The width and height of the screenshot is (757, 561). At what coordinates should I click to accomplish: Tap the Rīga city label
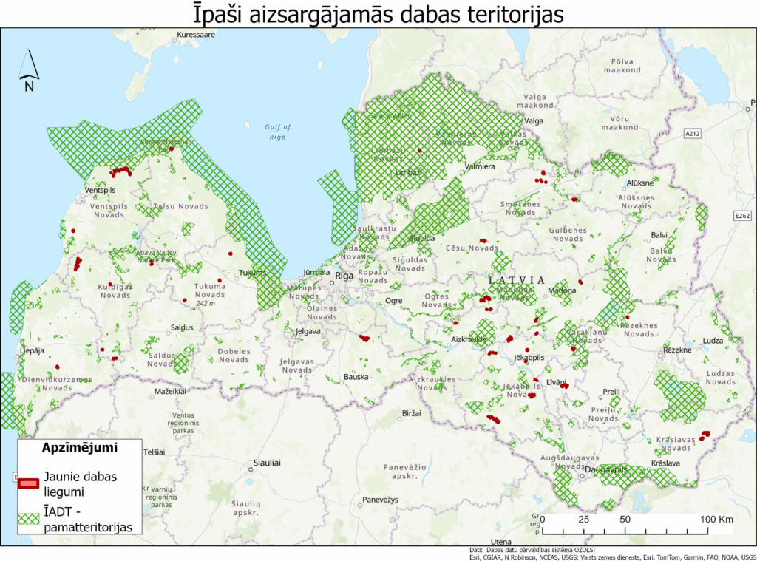pyautogui.click(x=344, y=276)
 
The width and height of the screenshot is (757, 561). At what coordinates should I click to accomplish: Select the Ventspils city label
pyautogui.click(x=102, y=190)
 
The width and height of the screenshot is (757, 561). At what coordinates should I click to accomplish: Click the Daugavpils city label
pyautogui.click(x=606, y=469)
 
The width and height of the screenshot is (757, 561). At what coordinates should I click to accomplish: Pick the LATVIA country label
pyautogui.click(x=517, y=280)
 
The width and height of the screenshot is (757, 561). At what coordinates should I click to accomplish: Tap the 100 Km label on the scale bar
pyautogui.click(x=716, y=520)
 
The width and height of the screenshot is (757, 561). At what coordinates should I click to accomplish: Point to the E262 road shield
pyautogui.click(x=742, y=216)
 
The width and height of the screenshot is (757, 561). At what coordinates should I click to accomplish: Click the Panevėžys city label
pyautogui.click(x=379, y=500)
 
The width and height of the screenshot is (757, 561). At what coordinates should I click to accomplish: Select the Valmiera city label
pyautogui.click(x=479, y=167)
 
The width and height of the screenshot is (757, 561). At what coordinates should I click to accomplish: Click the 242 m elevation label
pyautogui.click(x=206, y=303)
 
